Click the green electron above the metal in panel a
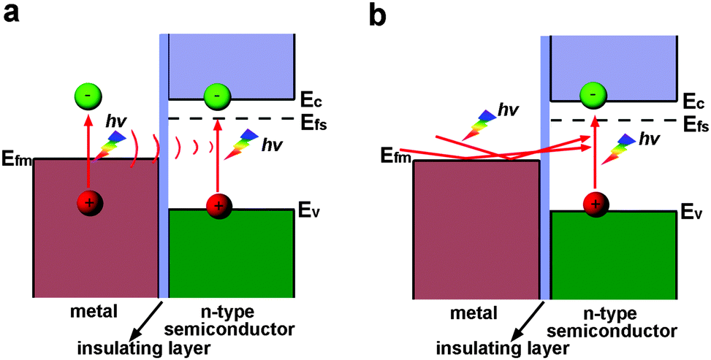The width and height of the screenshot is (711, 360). click(88, 96)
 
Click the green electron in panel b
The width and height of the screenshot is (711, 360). click(596, 95)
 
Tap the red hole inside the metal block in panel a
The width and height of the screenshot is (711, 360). click(88, 204)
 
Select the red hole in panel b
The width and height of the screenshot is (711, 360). click(596, 204)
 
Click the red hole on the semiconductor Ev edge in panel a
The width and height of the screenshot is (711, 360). click(217, 205)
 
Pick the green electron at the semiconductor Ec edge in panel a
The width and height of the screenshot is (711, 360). click(217, 95)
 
